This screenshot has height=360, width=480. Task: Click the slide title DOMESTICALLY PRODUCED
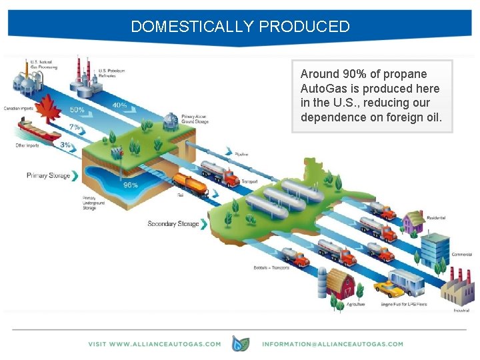coord(240,27)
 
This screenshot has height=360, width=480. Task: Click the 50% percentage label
coord(77,110)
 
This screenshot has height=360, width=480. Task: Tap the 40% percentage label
coord(120,105)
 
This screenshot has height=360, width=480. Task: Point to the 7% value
coord(75,127)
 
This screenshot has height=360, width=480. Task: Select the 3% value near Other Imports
coord(65,145)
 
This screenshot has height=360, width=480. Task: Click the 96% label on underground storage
coord(131,185)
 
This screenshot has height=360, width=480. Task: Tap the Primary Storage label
coord(48,176)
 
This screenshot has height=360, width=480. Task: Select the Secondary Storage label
coord(173,224)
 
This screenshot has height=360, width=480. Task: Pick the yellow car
coord(387,289)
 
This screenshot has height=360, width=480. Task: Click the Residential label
coord(435,218)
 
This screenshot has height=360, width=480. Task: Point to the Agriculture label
coord(355,305)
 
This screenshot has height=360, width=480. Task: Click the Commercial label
coord(461,254)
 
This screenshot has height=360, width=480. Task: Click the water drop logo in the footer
coord(240,343)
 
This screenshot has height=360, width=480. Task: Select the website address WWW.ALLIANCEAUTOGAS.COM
coord(154,344)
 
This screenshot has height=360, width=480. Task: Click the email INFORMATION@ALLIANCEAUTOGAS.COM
coord(333,344)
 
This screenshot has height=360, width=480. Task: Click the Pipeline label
coord(242,154)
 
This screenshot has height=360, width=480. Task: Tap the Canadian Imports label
coord(19,108)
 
